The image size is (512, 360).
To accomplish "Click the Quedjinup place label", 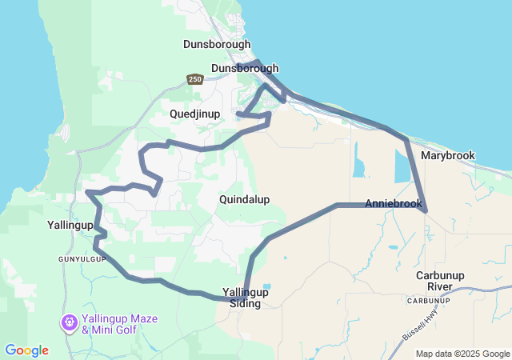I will click(x=194, y=114).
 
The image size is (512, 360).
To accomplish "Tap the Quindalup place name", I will click(x=244, y=199).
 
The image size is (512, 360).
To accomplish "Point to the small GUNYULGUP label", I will click(x=82, y=260).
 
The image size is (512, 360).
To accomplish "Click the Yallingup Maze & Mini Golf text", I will click(x=121, y=324).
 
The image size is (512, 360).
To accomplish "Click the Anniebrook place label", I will click(x=393, y=204).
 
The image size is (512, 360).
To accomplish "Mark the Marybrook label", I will click(x=448, y=155).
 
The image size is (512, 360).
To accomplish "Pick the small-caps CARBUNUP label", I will click(x=424, y=301).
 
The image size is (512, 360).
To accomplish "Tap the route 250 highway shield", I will click(x=195, y=79).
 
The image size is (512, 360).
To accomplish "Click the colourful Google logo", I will click(x=26, y=350).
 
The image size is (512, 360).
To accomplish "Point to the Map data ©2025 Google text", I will click(x=462, y=354).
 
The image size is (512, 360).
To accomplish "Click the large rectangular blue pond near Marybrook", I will click(x=402, y=167).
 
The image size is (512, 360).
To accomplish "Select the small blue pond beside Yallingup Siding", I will click(x=266, y=286).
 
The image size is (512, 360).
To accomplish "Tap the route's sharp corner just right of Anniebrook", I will click(x=426, y=210).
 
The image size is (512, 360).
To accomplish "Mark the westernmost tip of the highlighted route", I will click(x=86, y=192).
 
